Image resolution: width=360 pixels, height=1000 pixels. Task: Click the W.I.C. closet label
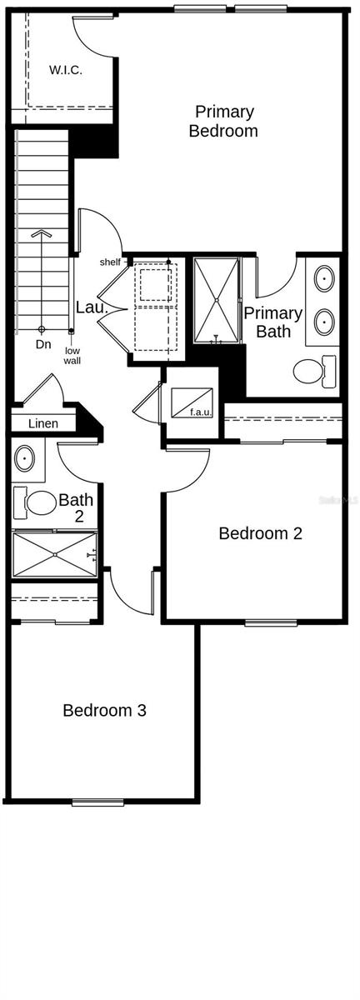66,70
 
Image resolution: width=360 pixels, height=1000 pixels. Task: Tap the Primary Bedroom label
223,121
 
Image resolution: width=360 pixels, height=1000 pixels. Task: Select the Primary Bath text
272,322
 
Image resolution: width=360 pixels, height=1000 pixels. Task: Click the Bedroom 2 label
260,533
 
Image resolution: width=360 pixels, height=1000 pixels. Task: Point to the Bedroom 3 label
105,711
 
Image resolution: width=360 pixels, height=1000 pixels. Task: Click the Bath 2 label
76,509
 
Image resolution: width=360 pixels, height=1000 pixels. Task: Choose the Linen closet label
43,423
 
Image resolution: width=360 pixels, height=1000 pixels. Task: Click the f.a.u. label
200,412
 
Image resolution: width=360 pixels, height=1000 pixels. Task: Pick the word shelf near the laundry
110,262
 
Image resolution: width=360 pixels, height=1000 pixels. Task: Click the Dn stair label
43,343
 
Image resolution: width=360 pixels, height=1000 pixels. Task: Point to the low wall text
72,356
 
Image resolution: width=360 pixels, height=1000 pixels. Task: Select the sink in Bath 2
26,458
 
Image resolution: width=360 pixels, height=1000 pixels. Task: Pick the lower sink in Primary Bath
324,320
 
